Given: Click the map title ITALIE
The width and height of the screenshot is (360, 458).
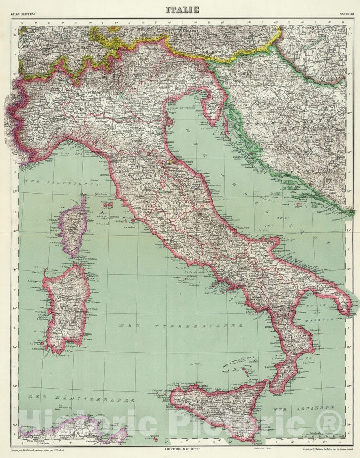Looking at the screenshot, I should point(182,10).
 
